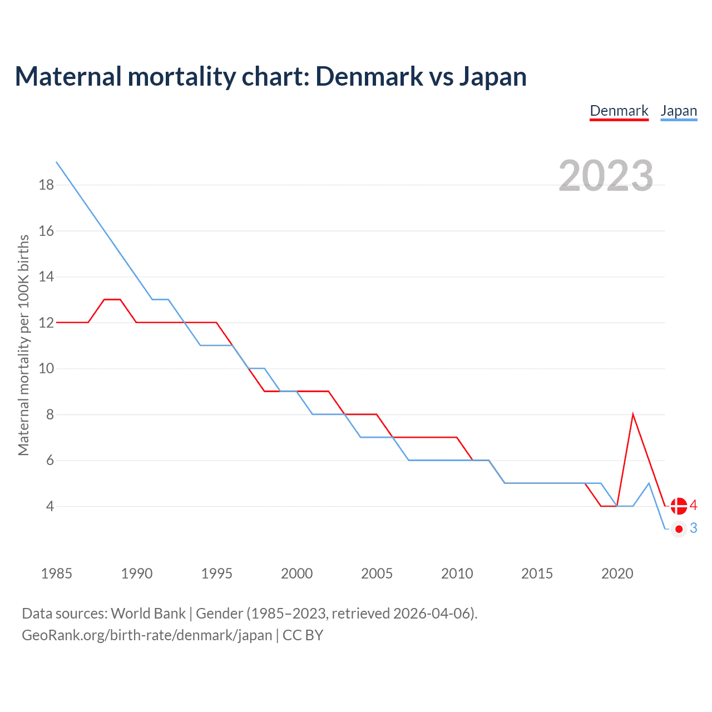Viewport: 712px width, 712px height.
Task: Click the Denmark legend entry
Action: click(619, 111)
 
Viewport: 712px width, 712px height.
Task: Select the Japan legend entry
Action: click(679, 111)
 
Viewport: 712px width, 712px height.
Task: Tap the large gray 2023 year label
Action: click(606, 176)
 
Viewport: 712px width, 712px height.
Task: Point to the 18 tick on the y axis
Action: click(47, 185)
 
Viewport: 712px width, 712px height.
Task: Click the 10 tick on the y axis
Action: click(47, 368)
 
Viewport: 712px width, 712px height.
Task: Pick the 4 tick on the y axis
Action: click(50, 506)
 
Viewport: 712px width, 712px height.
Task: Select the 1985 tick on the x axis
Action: click(56, 573)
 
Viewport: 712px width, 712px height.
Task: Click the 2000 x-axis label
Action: click(296, 573)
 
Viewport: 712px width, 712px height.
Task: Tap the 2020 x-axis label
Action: click(617, 573)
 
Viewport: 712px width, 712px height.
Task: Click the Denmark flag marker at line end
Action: click(679, 506)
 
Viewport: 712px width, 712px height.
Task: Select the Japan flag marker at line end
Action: click(679, 529)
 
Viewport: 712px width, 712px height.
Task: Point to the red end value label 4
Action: click(693, 505)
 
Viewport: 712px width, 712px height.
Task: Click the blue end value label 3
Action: click(693, 528)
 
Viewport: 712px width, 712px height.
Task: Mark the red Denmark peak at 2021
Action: click(633, 415)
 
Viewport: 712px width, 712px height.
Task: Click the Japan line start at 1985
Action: click(57, 162)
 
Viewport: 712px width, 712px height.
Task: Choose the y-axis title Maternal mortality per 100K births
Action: click(23, 345)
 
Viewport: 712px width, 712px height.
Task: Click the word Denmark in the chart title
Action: click(369, 76)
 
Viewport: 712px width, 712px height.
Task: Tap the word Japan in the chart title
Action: click(492, 77)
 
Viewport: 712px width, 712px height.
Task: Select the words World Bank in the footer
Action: click(148, 613)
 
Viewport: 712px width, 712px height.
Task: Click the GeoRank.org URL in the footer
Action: click(147, 635)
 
